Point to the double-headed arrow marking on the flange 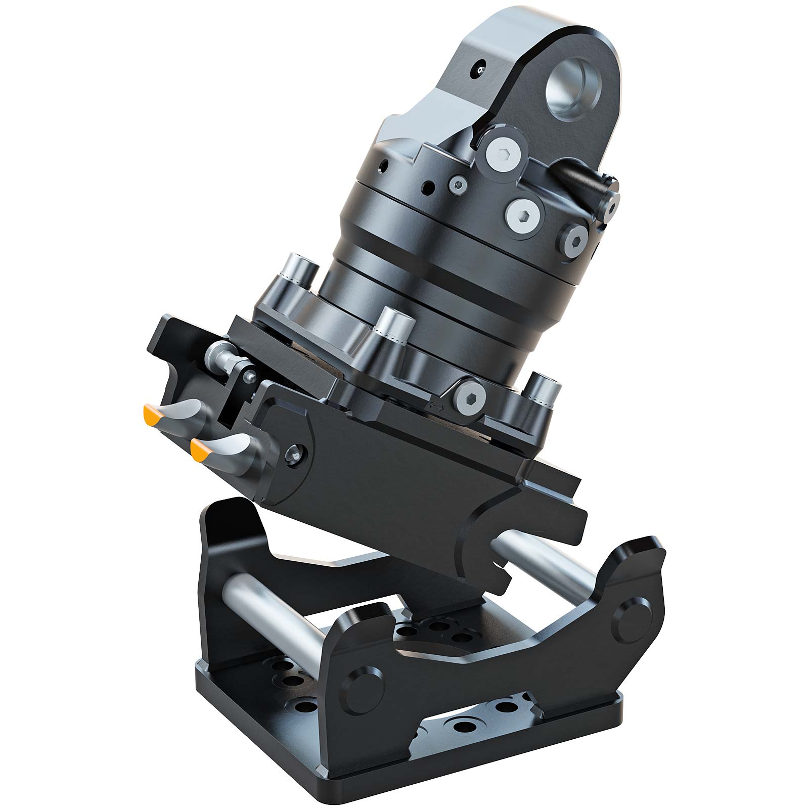[436, 406]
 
